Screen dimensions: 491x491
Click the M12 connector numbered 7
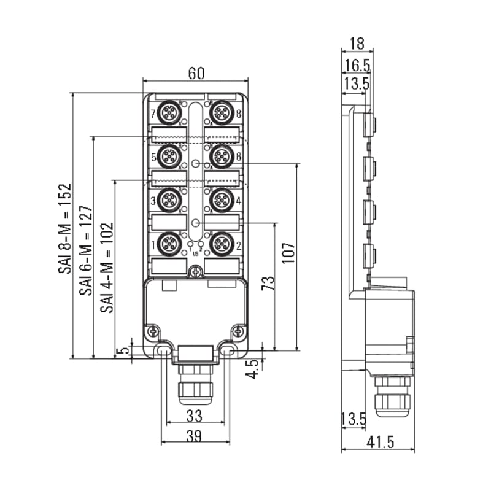[169, 113]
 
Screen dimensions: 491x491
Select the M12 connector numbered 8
[222, 113]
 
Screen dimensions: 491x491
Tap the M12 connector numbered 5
[169, 157]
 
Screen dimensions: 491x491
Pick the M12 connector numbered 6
[222, 157]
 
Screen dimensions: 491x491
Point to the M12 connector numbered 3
[169, 200]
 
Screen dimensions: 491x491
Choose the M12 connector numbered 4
[222, 200]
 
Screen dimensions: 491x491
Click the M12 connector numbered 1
[169, 244]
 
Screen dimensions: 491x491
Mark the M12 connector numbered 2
[222, 244]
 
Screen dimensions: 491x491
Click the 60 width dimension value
[196, 73]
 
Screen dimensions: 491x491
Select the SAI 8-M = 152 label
[65, 228]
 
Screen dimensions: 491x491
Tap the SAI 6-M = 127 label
[86, 250]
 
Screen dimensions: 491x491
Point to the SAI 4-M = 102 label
[107, 268]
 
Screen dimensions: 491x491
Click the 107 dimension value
[288, 253]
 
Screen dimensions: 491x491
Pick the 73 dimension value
[268, 283]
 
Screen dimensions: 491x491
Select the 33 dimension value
[195, 416]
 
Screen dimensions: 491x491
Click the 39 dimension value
[194, 436]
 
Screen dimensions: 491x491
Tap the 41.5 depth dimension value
[380, 442]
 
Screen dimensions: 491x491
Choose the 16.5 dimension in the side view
[357, 65]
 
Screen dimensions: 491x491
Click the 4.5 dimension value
[253, 369]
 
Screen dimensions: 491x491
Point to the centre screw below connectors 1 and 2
[196, 272]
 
